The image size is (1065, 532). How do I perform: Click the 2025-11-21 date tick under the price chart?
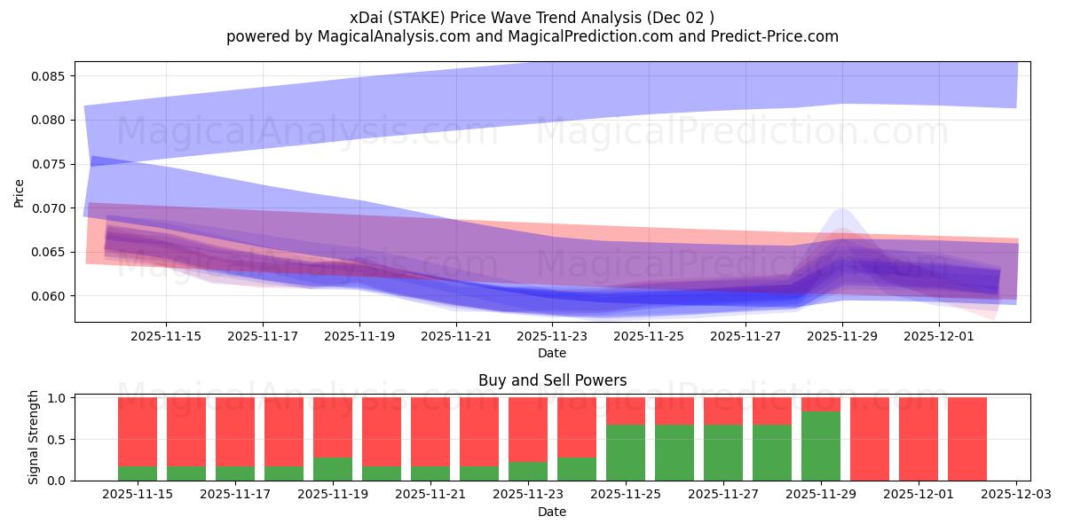click(455, 336)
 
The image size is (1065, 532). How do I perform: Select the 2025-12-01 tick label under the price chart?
click(939, 336)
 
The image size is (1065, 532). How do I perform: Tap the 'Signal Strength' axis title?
click(34, 437)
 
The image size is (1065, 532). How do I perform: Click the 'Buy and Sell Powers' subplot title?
click(552, 380)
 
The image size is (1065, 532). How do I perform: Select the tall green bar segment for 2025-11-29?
click(821, 446)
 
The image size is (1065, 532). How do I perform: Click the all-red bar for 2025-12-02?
click(966, 439)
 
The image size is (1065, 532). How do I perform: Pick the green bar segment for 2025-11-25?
click(626, 452)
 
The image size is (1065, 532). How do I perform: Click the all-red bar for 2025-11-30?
click(869, 439)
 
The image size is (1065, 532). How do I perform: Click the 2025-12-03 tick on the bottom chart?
click(1015, 494)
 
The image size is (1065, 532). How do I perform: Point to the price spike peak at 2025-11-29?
click(842, 210)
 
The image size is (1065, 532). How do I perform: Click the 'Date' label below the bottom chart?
click(552, 512)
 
